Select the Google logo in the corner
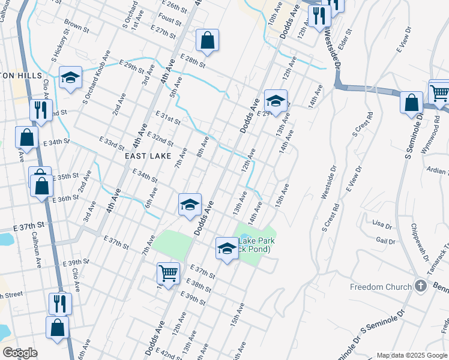coord(20,353)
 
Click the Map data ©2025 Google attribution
coord(412,355)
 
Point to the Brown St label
coord(76,26)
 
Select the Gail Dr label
coord(385,241)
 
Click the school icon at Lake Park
coord(228,247)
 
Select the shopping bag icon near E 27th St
coord(207,41)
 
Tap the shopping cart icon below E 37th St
coord(168,273)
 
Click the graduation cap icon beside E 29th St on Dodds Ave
coord(276,100)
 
